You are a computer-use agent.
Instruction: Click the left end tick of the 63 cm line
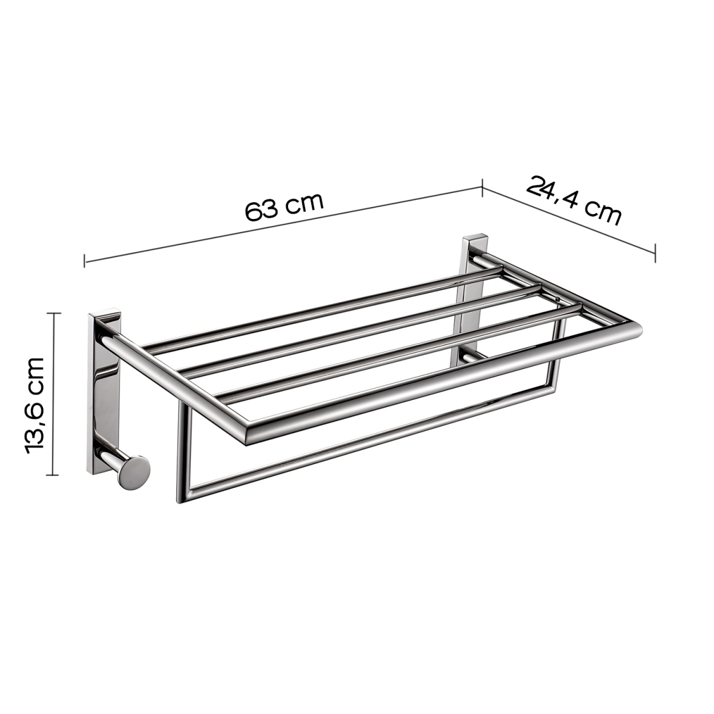[85, 260]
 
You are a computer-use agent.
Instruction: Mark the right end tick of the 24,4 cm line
[655, 252]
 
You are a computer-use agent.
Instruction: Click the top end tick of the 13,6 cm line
[54, 313]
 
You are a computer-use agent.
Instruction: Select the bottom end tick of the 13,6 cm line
[54, 475]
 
